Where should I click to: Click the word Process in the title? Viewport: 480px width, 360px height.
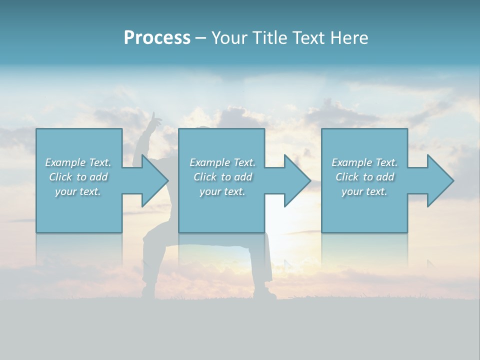[157, 38]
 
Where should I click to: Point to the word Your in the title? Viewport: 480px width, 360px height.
[229, 38]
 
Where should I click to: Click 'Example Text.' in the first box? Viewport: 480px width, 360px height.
[78, 162]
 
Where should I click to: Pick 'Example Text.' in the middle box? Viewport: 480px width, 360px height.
[222, 162]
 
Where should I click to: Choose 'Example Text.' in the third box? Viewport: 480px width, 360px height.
[364, 162]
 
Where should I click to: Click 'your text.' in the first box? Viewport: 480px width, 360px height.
[78, 191]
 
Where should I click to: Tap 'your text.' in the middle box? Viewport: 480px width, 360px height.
[222, 191]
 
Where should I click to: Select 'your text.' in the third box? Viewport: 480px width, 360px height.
[364, 191]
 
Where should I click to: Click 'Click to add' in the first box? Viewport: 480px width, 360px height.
[78, 177]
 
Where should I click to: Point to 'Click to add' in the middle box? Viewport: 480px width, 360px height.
[222, 177]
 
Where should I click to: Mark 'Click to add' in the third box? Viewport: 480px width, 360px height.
[364, 177]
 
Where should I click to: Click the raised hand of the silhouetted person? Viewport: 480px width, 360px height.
[156, 118]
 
